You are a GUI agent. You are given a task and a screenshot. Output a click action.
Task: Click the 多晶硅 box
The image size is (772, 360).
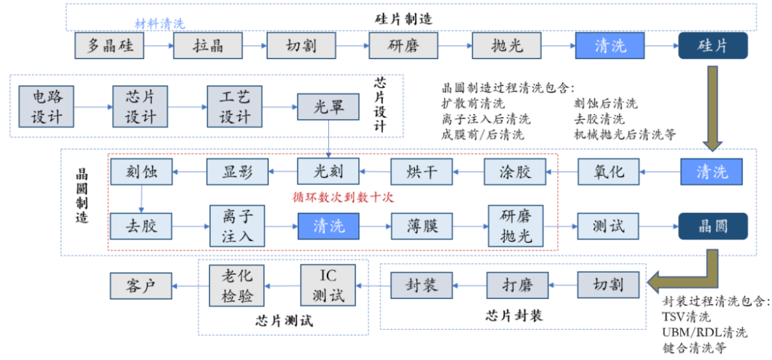tap(109, 47)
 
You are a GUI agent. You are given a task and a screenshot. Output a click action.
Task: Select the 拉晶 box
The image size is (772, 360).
tap(208, 47)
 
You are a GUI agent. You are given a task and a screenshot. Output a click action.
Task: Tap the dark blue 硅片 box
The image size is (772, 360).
tap(713, 47)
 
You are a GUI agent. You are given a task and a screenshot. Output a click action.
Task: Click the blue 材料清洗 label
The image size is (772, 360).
tap(160, 24)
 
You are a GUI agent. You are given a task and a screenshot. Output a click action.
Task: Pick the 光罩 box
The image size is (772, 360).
tap(328, 108)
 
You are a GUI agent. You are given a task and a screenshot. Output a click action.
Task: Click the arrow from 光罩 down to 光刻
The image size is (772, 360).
tap(328, 140)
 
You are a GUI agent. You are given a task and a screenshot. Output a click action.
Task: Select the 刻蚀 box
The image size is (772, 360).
tap(141, 172)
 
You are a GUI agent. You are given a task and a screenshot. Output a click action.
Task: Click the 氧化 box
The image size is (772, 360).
tap(609, 172)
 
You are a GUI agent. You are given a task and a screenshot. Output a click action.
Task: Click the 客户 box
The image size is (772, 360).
tap(141, 286)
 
